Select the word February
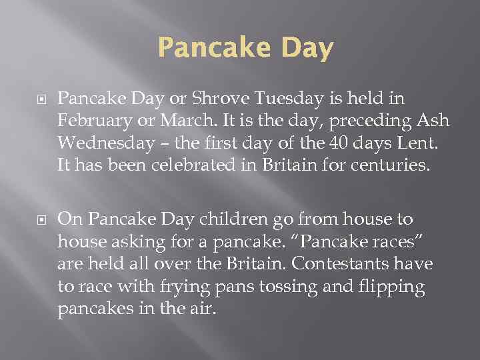click(91, 123)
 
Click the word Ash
click(435, 123)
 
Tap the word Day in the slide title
click(302, 49)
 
